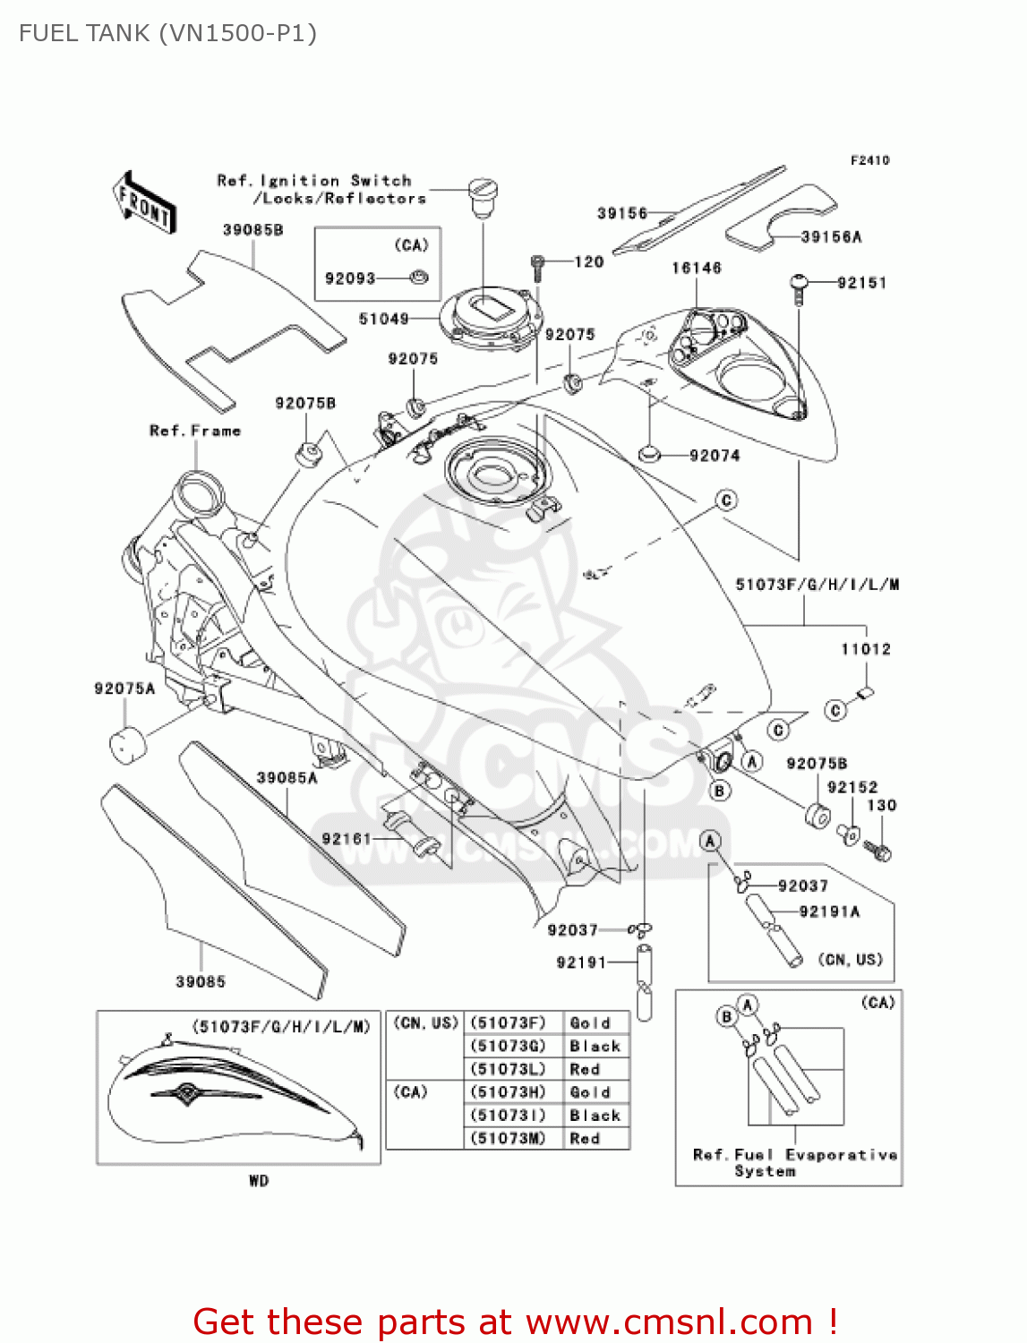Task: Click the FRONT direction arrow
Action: [143, 203]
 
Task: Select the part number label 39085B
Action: [252, 230]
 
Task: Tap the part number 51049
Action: [383, 319]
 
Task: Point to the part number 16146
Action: [696, 268]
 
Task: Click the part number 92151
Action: [861, 283]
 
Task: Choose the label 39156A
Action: [830, 237]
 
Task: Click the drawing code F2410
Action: [869, 160]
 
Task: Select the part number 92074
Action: [715, 456]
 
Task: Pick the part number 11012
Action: [865, 649]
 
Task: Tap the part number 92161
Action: [347, 839]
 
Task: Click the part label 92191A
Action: [829, 911]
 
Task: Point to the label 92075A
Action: [124, 689]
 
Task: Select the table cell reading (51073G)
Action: [508, 1046]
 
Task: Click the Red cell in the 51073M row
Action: [585, 1139]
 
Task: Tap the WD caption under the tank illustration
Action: [259, 1181]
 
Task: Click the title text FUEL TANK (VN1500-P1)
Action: [167, 34]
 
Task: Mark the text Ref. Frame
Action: [195, 431]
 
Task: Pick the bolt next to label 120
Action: [537, 266]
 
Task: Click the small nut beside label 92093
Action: [418, 278]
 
